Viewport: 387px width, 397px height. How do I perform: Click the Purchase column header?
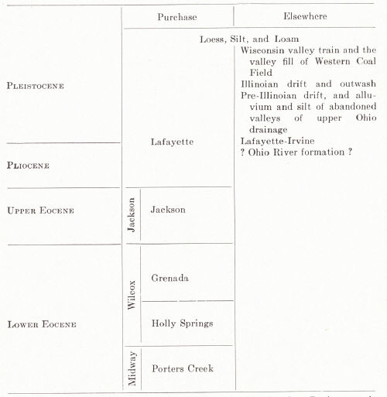177,17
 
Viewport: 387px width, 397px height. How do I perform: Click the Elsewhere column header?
305,16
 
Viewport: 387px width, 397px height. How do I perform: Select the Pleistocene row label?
36,86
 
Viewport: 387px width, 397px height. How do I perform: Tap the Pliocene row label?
28,165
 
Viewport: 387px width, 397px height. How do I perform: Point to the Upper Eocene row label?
40,210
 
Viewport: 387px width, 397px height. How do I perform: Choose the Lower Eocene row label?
42,324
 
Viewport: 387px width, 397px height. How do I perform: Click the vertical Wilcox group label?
132,295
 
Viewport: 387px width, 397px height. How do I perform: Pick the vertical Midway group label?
132,368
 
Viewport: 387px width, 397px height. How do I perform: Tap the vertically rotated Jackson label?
132,215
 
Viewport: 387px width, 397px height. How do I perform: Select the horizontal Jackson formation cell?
168,209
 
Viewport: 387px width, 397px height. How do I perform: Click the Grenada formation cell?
170,278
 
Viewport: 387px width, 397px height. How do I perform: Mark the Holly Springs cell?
182,323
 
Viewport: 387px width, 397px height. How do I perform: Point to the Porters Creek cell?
183,368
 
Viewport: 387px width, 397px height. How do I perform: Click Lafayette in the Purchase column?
172,142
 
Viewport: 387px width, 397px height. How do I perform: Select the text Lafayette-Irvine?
277,141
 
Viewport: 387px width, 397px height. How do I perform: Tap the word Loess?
213,39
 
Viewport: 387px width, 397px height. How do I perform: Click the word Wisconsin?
262,50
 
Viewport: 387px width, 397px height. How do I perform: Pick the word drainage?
269,129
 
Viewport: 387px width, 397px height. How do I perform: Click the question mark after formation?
350,152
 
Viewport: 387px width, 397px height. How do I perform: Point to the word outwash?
358,84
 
